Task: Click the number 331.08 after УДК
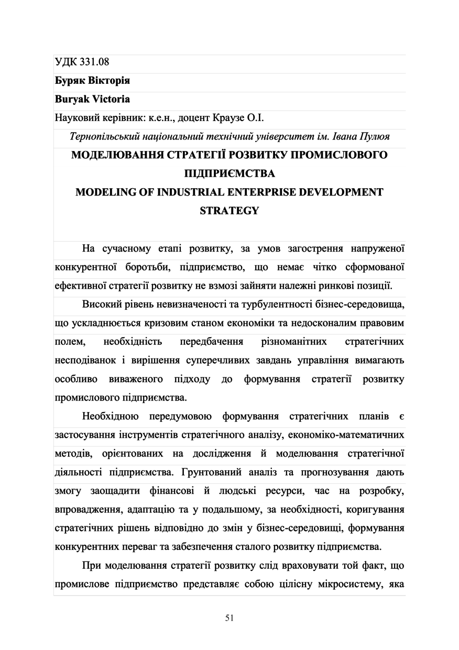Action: [95, 63]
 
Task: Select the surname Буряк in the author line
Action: [69, 81]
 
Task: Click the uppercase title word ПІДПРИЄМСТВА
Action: [229, 174]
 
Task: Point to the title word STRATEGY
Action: [229, 211]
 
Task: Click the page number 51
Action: [229, 617]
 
